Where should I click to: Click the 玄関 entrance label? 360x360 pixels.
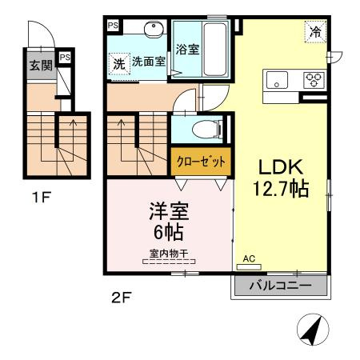click(41, 66)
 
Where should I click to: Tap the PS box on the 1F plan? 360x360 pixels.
click(65, 58)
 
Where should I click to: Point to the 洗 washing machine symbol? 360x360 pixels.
click(119, 62)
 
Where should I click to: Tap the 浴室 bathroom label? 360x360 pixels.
click(187, 49)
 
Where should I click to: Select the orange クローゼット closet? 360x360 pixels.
click(200, 161)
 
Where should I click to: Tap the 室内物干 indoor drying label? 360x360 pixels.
click(168, 254)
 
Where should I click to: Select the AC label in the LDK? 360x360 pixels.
click(250, 258)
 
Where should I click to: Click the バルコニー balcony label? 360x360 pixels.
click(280, 286)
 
